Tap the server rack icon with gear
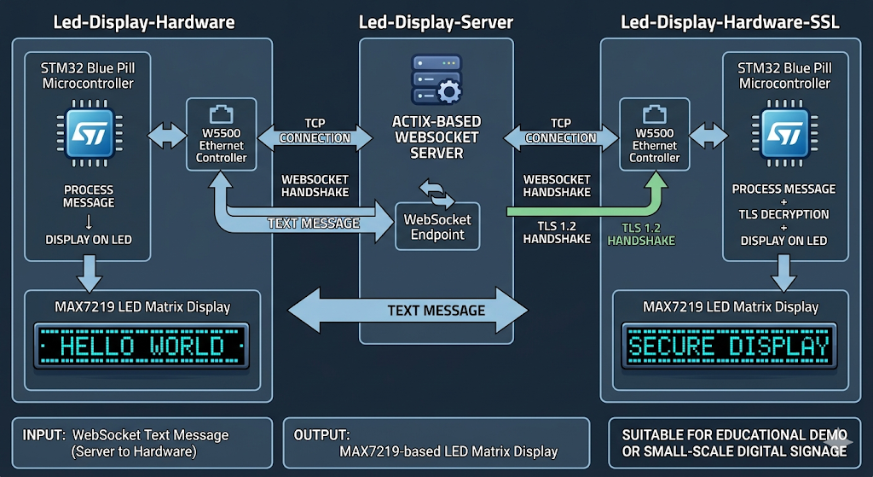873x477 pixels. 436,79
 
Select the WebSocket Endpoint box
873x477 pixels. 437,226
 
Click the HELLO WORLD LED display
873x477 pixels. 142,346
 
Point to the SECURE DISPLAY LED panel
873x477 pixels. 729,346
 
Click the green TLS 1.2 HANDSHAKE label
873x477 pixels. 641,234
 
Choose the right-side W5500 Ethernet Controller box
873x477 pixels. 655,137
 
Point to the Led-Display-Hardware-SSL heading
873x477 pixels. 730,23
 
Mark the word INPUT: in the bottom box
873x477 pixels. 43,435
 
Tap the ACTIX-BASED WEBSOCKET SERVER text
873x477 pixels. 437,137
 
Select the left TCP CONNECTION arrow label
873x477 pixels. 315,131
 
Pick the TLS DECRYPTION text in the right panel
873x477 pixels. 783,214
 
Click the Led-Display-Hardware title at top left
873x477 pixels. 143,23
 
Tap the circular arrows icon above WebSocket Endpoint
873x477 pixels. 436,193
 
